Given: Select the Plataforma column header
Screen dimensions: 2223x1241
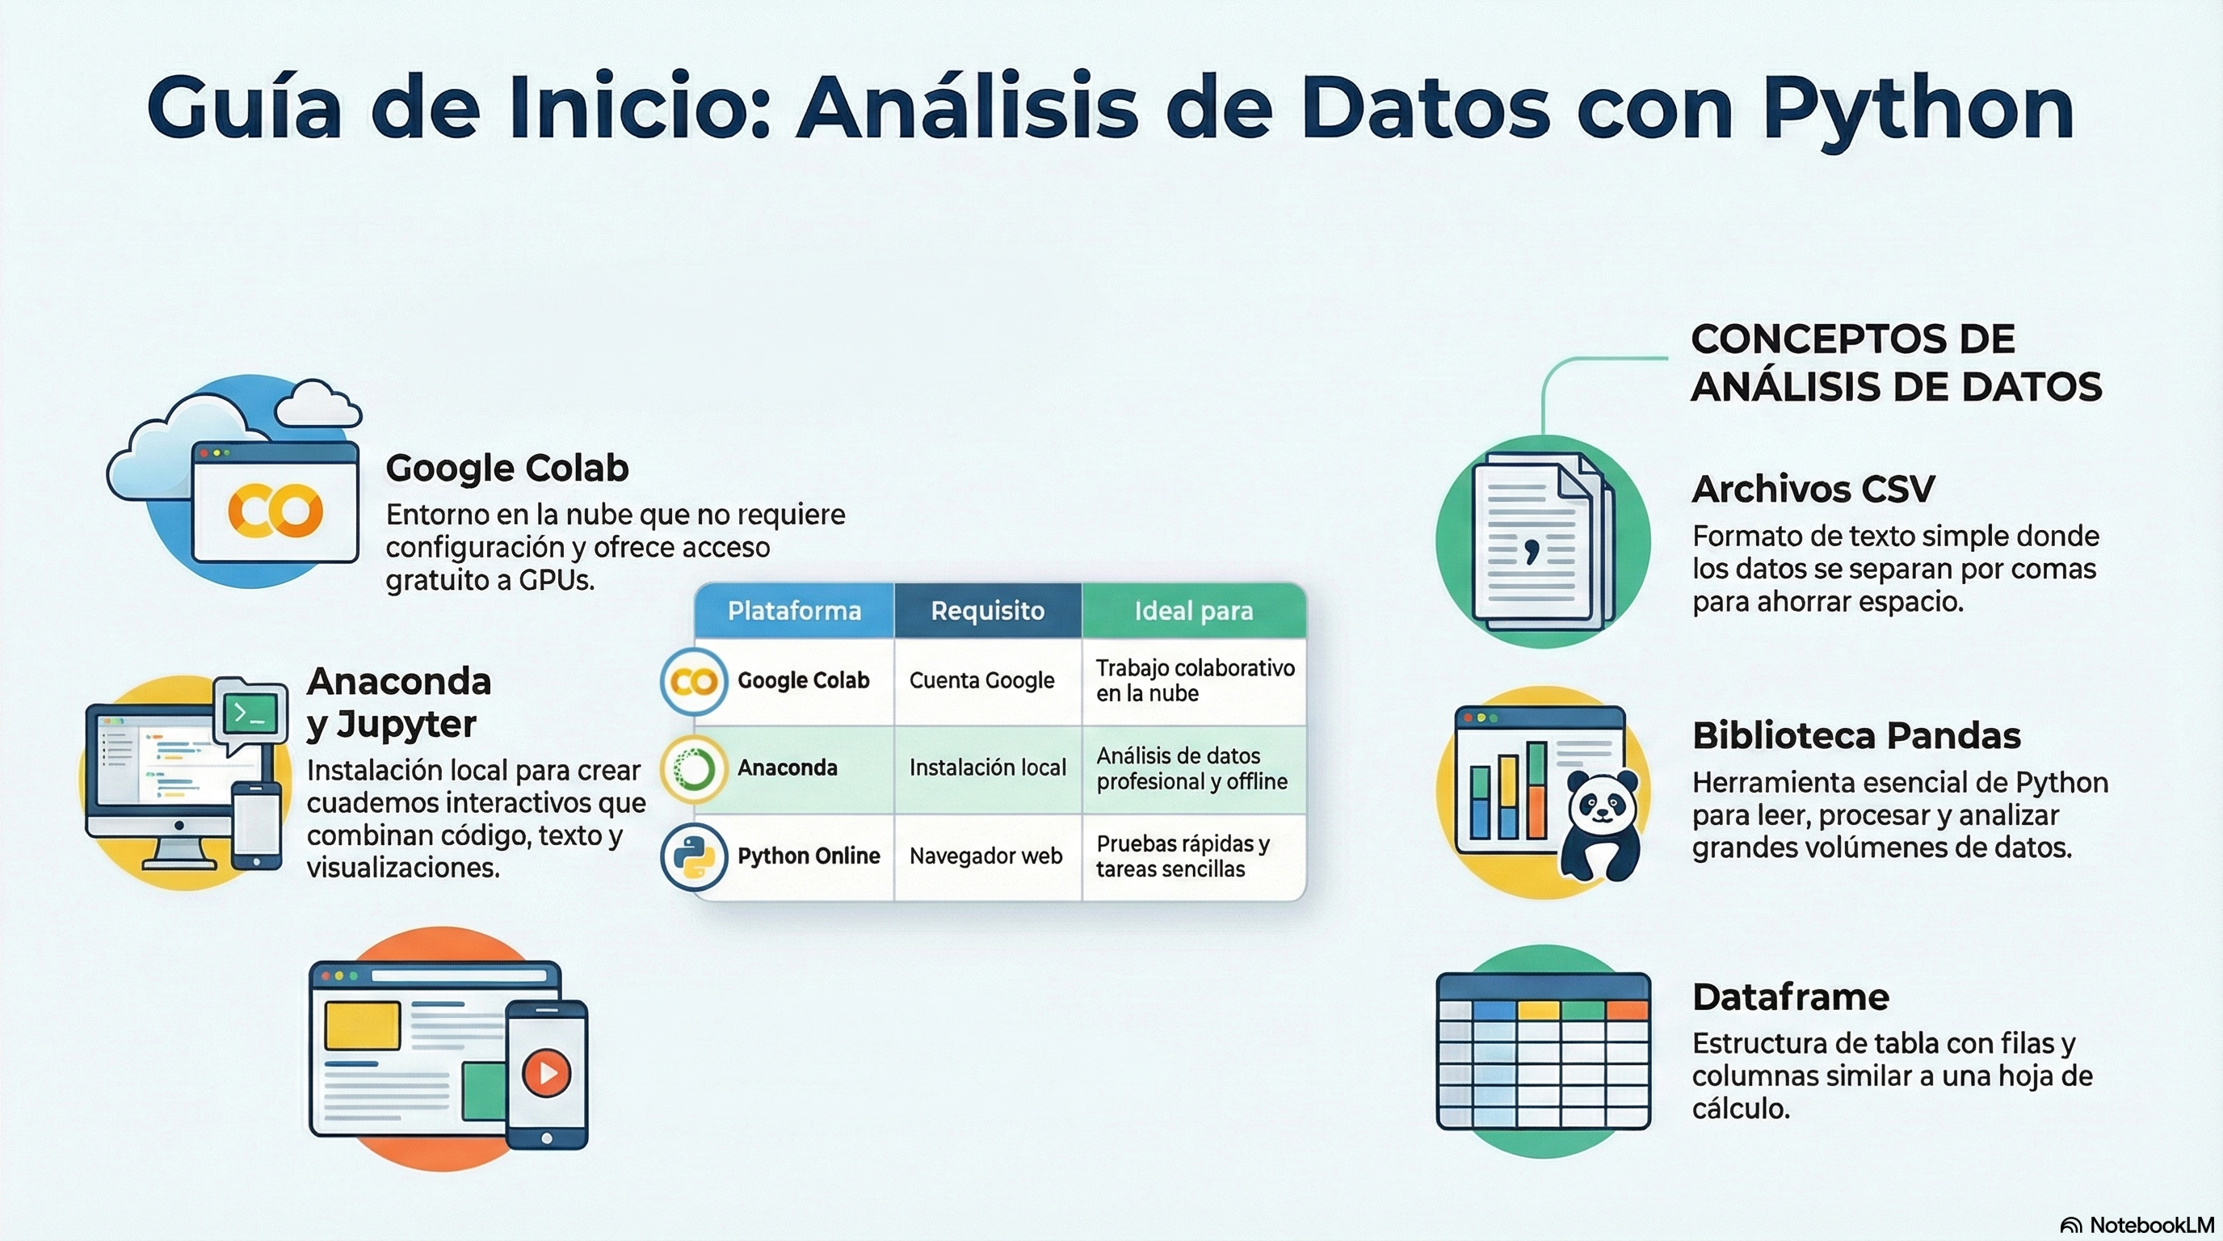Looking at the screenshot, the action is tap(794, 611).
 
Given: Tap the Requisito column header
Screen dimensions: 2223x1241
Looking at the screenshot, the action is tap(987, 611).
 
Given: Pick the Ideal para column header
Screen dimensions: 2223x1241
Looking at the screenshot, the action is tap(1193, 611).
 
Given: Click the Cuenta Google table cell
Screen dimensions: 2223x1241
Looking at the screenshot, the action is tap(982, 680).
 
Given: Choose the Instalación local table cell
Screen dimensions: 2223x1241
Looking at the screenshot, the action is tap(987, 768).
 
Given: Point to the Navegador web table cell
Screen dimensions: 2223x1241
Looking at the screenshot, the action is tap(985, 856).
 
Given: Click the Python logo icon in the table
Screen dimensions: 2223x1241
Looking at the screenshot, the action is tap(694, 857).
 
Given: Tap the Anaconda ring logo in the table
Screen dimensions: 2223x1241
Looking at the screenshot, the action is tap(694, 769).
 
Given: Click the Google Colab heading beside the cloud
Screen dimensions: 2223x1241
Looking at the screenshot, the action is tap(507, 468).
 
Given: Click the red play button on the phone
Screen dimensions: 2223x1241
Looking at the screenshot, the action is tap(546, 1073).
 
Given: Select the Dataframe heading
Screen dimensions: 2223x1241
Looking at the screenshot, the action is tap(1791, 997).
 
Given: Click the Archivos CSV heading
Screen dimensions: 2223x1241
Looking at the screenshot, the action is tap(1813, 490).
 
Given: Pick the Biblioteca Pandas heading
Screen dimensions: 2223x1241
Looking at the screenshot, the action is tap(1856, 736).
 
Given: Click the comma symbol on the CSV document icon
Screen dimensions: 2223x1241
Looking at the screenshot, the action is tap(1531, 549).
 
